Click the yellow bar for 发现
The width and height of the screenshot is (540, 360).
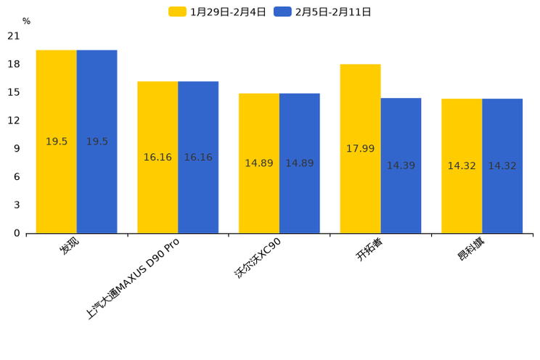tap(56, 142)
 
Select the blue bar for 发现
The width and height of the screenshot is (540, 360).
tap(97, 142)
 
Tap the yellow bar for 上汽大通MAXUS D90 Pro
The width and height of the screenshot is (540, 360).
tap(157, 157)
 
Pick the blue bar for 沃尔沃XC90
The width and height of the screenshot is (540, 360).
tap(299, 163)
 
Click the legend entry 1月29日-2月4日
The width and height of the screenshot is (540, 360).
tap(218, 12)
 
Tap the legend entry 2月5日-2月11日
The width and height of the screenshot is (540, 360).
tap(323, 12)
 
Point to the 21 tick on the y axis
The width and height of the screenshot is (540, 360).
tap(14, 36)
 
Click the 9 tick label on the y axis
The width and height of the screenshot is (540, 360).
tap(17, 149)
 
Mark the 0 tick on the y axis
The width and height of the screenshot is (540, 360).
tap(17, 233)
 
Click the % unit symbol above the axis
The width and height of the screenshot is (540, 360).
tap(26, 22)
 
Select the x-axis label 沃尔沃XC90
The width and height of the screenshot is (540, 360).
tap(258, 258)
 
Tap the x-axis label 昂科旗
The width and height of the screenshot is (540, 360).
tap(472, 249)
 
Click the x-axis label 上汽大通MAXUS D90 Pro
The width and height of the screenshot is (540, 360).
tap(133, 279)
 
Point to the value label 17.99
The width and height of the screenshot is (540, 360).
tap(360, 149)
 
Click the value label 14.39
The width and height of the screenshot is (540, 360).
tap(401, 166)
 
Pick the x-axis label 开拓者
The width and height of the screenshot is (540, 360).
tap(369, 250)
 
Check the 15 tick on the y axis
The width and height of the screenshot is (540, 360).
tap(14, 92)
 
